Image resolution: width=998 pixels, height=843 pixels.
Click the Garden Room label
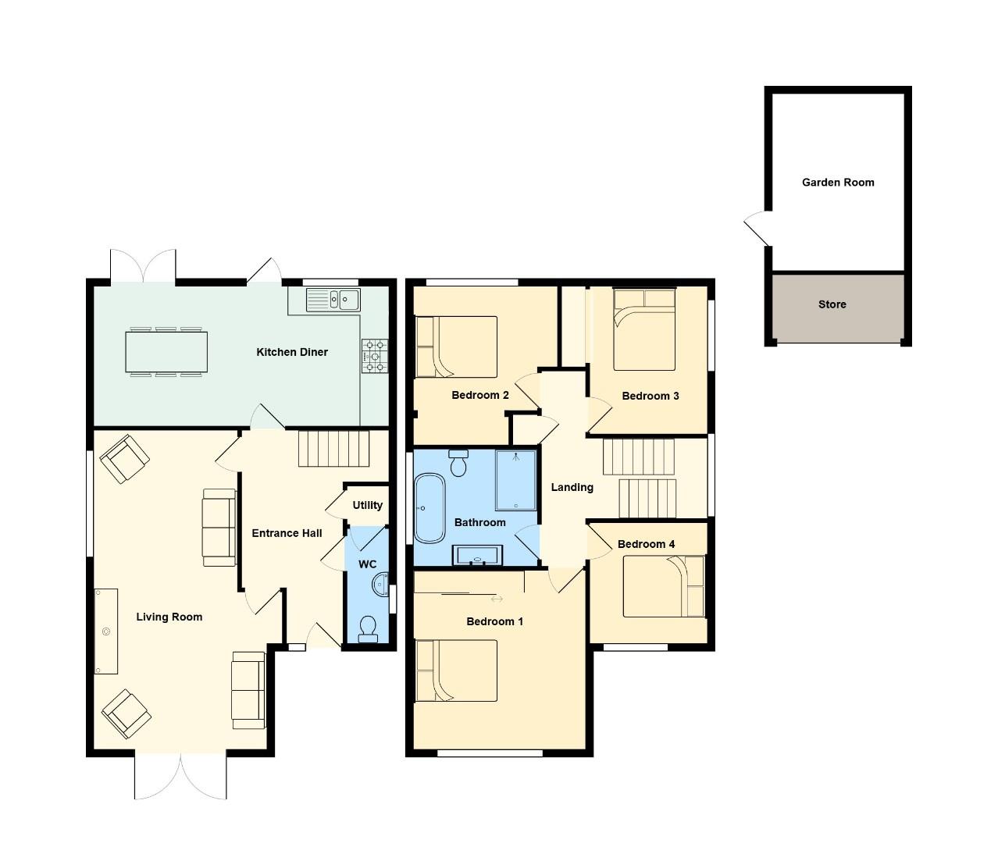pos(838,183)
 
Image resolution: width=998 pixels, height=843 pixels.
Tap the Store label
pos(832,304)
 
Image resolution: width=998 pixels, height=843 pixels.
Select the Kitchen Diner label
pos(292,352)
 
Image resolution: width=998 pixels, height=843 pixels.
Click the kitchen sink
pos(332,298)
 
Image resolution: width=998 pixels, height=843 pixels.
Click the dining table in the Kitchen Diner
pos(167,352)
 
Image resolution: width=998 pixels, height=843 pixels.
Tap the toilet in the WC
pos(367,629)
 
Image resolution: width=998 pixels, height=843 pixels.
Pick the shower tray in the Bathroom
pos(516,481)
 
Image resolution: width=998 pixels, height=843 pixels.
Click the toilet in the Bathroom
pos(458,463)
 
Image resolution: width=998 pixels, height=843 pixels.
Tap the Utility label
pos(367,505)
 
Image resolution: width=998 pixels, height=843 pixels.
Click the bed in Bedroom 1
pos(457,670)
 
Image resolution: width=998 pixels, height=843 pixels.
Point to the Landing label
pos(572,487)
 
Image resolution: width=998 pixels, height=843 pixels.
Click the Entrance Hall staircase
pos(333,449)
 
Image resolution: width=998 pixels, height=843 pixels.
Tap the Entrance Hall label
pos(287,533)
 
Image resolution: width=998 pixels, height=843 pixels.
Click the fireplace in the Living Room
pos(106,631)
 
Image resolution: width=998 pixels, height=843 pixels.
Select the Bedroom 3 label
pos(650,396)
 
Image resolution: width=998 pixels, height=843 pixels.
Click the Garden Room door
pos(757,228)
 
